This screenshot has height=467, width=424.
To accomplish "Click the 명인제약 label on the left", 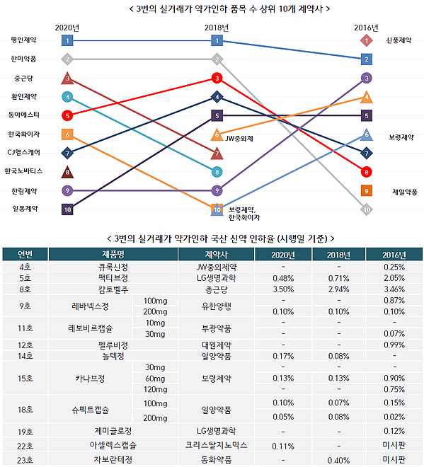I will point(25,41).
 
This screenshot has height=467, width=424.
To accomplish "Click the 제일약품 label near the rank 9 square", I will point(404,190).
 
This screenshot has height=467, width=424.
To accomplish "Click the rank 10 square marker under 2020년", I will point(67,209).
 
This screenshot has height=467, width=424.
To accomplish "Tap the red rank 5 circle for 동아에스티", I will point(67,115).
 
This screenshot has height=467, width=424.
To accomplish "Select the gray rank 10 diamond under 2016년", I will point(366,209).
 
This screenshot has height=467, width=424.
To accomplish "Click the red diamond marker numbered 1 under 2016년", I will point(366,40).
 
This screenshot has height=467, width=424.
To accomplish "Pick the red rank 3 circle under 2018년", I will point(217,78).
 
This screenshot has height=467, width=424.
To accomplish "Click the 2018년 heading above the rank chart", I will point(217,28).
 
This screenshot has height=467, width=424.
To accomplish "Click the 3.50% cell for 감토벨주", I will point(283,289).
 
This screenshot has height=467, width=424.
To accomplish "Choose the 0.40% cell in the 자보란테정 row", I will point(338,460).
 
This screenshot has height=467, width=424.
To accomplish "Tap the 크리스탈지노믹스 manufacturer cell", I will point(215,446).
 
